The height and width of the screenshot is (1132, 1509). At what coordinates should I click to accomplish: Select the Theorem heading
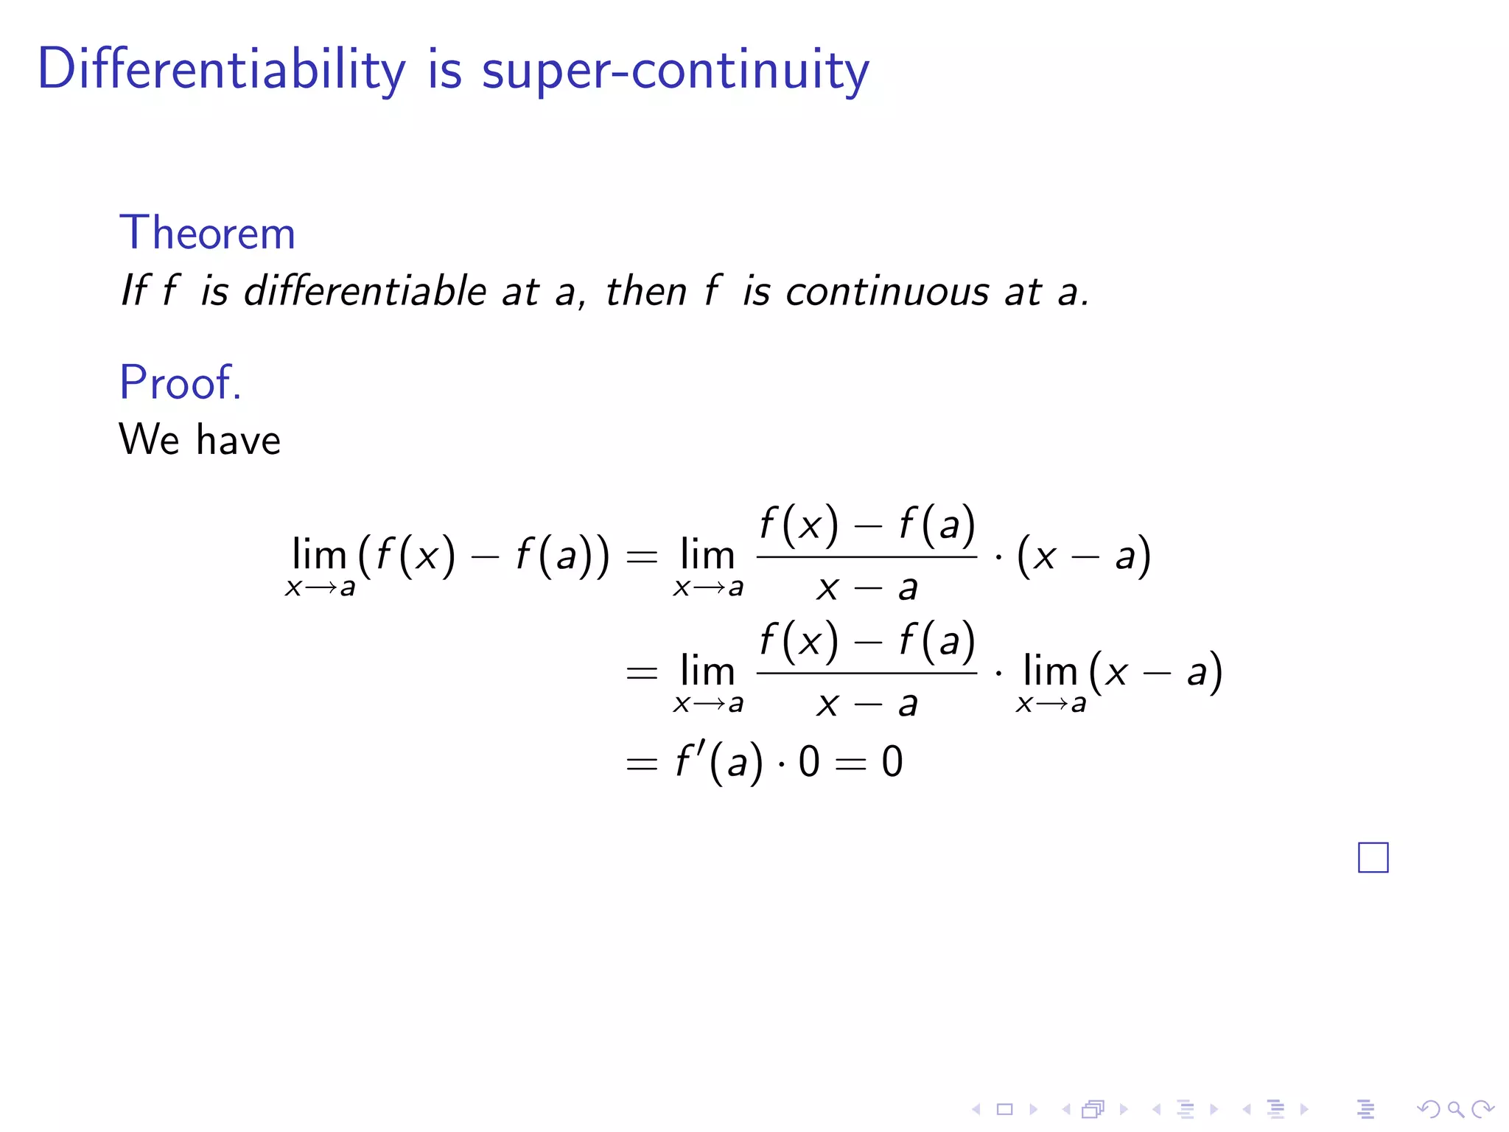tap(207, 233)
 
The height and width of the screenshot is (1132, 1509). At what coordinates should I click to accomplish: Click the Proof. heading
tap(181, 382)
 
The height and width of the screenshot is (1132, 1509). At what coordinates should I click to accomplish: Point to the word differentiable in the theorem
tap(365, 291)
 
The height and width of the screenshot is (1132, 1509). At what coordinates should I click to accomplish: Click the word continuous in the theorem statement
tap(887, 291)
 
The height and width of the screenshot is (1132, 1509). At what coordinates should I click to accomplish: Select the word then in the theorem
tap(646, 291)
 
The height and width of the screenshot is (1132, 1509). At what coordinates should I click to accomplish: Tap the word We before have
tap(150, 440)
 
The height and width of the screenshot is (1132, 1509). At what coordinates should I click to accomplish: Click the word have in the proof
tap(239, 440)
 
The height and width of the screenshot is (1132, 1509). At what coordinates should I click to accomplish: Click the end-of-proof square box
tap(1373, 857)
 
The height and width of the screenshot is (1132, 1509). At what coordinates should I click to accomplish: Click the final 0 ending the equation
tap(892, 761)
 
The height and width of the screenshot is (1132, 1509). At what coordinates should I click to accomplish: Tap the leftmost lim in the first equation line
tap(319, 555)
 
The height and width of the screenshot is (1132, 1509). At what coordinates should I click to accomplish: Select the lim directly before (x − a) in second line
tap(1050, 671)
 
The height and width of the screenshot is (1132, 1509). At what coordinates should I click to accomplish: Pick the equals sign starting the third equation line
tap(641, 763)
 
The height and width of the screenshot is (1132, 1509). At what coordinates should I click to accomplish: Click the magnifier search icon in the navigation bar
tap(1454, 1108)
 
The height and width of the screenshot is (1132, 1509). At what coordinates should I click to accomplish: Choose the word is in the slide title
tap(444, 70)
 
